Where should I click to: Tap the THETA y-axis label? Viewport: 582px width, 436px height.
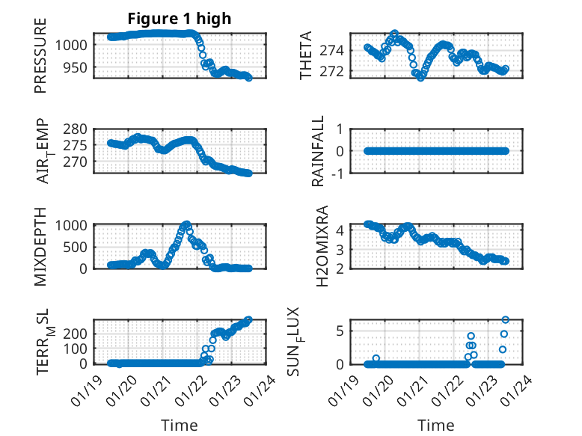(x=306, y=56)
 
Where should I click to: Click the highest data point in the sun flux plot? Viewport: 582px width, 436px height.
(x=505, y=320)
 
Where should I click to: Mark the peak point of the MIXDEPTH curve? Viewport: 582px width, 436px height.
(x=186, y=224)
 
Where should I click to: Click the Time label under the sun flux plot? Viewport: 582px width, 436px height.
(x=435, y=426)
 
